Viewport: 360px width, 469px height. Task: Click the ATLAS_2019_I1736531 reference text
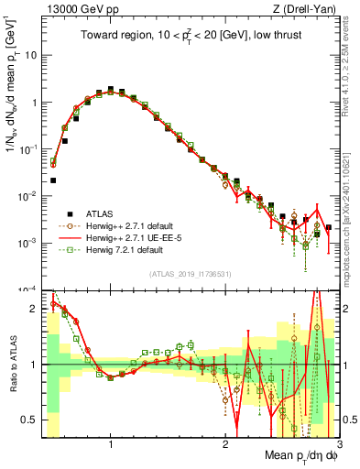190,274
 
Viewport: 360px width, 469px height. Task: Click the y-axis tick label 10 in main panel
30,55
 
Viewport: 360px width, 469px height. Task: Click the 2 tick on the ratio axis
33,309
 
